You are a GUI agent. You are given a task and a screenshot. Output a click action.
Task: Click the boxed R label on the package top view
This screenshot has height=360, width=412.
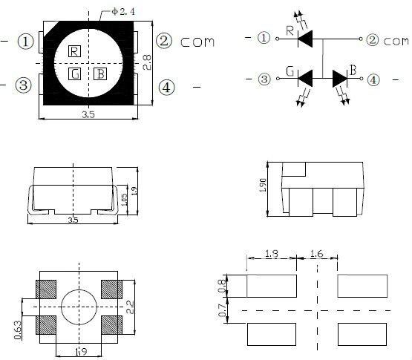click(74, 51)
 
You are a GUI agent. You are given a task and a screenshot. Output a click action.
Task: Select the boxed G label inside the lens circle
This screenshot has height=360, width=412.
click(75, 73)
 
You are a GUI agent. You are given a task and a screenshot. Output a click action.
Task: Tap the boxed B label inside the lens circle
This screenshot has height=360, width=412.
click(100, 73)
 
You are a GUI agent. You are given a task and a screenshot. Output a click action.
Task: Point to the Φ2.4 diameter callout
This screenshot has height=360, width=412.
click(120, 11)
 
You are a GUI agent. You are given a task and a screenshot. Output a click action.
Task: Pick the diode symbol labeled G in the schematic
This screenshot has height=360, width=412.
click(306, 76)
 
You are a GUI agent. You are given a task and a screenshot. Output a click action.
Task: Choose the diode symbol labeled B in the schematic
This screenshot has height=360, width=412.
click(340, 77)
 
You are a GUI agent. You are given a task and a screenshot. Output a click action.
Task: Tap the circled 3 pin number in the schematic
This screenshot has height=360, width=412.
click(264, 78)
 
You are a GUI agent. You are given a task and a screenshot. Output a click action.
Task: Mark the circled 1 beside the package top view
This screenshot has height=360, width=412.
click(27, 42)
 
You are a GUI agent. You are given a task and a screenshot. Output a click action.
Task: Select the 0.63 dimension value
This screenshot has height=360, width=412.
click(17, 329)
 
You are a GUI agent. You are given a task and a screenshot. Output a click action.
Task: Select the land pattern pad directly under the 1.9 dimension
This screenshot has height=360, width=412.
click(272, 284)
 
